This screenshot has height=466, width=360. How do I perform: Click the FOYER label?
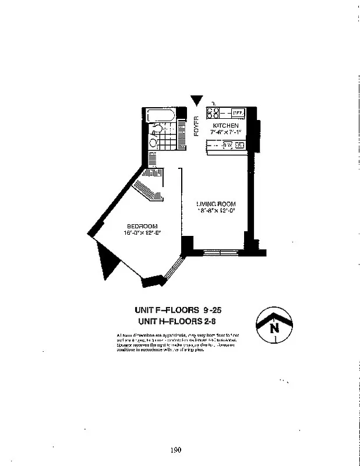tap(196, 126)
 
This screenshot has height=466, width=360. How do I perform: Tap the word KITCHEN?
tap(224, 126)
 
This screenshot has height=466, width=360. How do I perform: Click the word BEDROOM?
tap(142, 226)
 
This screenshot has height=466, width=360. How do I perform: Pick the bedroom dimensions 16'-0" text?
tap(142, 233)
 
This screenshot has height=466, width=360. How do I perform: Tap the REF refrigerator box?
tap(238, 113)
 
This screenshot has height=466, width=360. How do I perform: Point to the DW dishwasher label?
tap(227, 146)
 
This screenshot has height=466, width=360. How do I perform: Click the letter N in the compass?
tap(274, 327)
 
